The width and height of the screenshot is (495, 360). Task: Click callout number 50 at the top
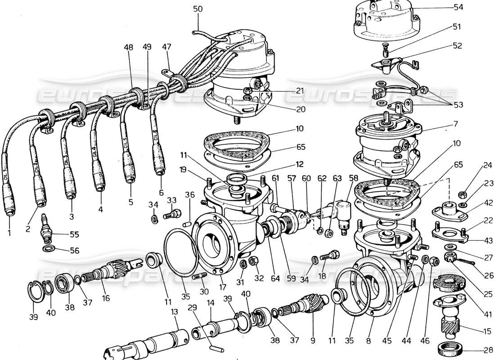pyautogui.click(x=198, y=9)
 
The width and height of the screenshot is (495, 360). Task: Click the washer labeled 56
pyautogui.click(x=48, y=248)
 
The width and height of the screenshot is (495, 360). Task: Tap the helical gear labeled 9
pyautogui.click(x=310, y=304)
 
